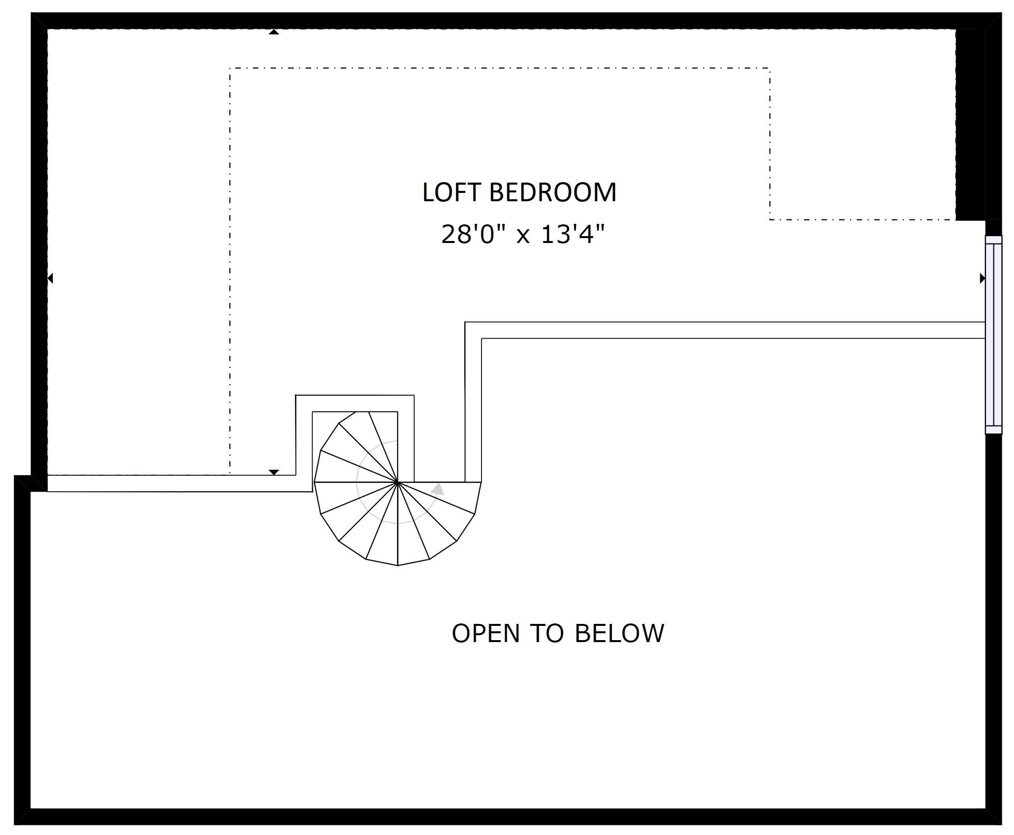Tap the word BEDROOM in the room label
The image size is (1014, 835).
(553, 192)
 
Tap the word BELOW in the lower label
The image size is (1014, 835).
(619, 633)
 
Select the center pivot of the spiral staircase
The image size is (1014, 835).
(397, 482)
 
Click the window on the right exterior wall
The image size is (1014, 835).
(994, 334)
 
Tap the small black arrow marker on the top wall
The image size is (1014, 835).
(274, 32)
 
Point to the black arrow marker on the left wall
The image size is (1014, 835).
(50, 278)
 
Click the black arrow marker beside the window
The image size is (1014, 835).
(983, 278)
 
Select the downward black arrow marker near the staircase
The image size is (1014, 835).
(274, 472)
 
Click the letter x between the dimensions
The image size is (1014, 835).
(524, 236)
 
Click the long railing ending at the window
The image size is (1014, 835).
(725, 330)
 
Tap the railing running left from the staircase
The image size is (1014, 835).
(172, 484)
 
